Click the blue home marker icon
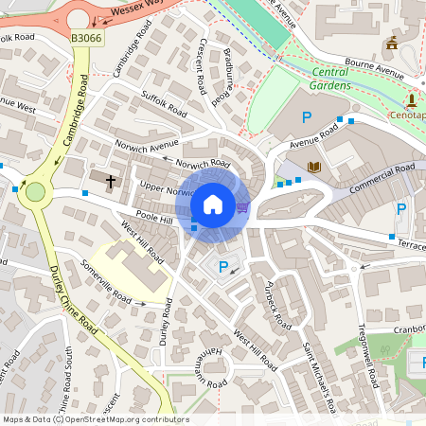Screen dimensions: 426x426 click(x=213, y=204)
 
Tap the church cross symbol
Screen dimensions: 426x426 click(x=110, y=180)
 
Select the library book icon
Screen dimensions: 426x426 click(x=315, y=167)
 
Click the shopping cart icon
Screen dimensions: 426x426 click(x=242, y=206)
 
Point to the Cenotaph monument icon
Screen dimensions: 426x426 click(x=412, y=99)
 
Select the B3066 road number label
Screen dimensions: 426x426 click(x=86, y=38)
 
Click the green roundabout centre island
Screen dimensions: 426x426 click(x=36, y=192)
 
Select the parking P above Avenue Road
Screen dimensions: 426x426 click(x=306, y=117)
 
